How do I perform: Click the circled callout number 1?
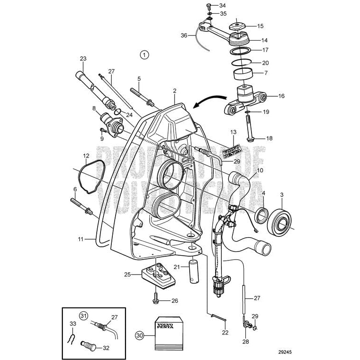[x=144, y=54]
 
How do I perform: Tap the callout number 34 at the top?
[x=222, y=6]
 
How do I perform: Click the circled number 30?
[x=138, y=335]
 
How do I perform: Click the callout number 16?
[x=281, y=96]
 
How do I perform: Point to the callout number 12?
[x=86, y=156]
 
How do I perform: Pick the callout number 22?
[x=225, y=332]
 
